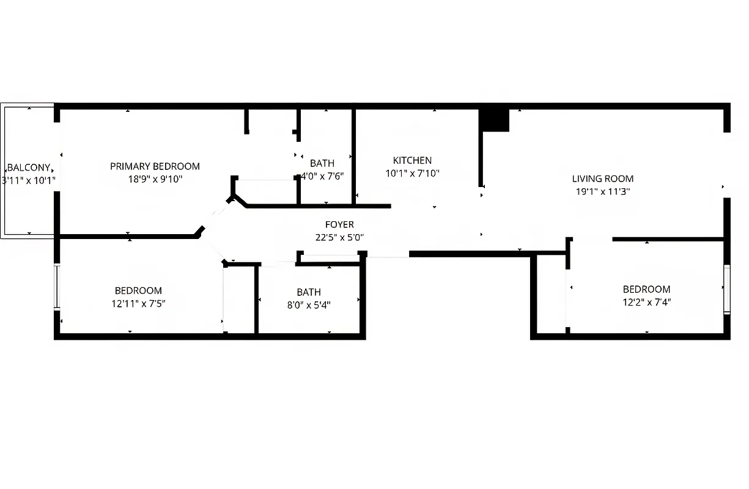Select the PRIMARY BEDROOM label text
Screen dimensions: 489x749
tap(155, 166)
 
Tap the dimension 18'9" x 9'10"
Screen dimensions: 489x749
tap(155, 179)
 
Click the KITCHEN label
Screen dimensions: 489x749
tap(412, 161)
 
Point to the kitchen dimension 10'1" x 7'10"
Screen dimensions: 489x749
tap(412, 174)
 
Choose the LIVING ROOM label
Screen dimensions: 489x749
tap(602, 179)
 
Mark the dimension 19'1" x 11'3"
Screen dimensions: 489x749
tap(602, 191)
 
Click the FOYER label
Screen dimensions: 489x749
tap(339, 225)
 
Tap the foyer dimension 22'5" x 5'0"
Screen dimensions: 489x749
tap(339, 238)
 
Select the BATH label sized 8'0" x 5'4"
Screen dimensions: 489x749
tap(309, 292)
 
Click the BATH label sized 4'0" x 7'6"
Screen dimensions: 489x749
tap(322, 163)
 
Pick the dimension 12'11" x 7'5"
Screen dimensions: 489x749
tap(138, 303)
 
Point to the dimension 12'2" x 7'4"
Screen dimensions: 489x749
tap(646, 302)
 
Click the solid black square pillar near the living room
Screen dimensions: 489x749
tap(495, 120)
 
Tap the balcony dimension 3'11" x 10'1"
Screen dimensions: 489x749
tap(29, 180)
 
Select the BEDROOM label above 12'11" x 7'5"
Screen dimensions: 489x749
tap(138, 291)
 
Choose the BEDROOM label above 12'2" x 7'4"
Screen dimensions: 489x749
tap(646, 289)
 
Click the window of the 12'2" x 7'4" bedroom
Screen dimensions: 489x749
tap(727, 289)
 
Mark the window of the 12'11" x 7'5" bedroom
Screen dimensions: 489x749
tap(57, 287)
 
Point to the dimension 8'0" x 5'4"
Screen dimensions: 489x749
tap(309, 305)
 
